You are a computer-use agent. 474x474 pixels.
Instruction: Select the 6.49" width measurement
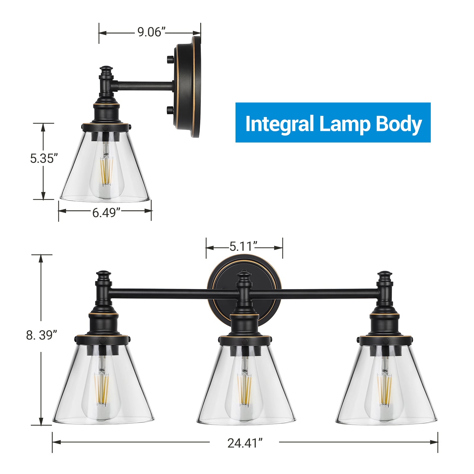click(x=106, y=213)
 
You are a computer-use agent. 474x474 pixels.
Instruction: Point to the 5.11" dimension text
click(x=243, y=246)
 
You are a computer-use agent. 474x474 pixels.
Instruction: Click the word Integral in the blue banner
click(x=279, y=124)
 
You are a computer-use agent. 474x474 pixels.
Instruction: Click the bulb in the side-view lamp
click(x=106, y=175)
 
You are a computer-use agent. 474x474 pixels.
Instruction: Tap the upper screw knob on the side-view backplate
click(x=170, y=59)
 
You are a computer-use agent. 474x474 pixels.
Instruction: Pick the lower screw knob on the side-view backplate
click(x=170, y=110)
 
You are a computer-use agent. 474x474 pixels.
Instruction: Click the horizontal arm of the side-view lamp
click(x=145, y=86)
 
